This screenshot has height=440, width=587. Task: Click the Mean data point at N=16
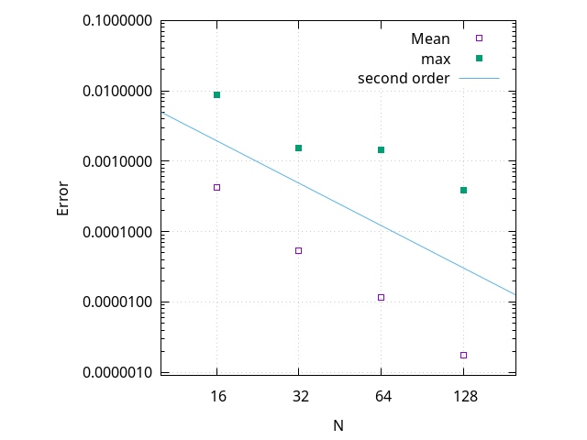pyautogui.click(x=216, y=187)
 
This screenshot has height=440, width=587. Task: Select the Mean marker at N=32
pyautogui.click(x=298, y=250)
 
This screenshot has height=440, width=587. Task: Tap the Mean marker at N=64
pyautogui.click(x=381, y=297)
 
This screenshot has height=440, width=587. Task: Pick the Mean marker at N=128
pyautogui.click(x=463, y=355)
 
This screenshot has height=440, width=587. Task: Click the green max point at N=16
pyautogui.click(x=216, y=94)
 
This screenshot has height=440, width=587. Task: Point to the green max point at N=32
pyautogui.click(x=298, y=148)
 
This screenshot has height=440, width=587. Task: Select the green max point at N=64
pyautogui.click(x=381, y=149)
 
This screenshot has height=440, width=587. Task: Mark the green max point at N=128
pyautogui.click(x=463, y=190)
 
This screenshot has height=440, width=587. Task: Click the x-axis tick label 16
pyautogui.click(x=216, y=397)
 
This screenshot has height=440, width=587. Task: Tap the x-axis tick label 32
pyautogui.click(x=298, y=397)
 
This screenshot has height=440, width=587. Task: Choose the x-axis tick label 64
pyautogui.click(x=381, y=397)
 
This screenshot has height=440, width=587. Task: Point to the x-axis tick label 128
pyautogui.click(x=463, y=397)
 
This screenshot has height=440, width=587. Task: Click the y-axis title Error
pyautogui.click(x=63, y=197)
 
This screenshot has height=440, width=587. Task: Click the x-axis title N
pyautogui.click(x=339, y=425)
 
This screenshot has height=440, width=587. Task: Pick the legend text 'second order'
pyautogui.click(x=404, y=78)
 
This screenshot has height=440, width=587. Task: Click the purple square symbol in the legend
pyautogui.click(x=479, y=38)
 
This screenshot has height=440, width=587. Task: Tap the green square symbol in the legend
pyautogui.click(x=479, y=59)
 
